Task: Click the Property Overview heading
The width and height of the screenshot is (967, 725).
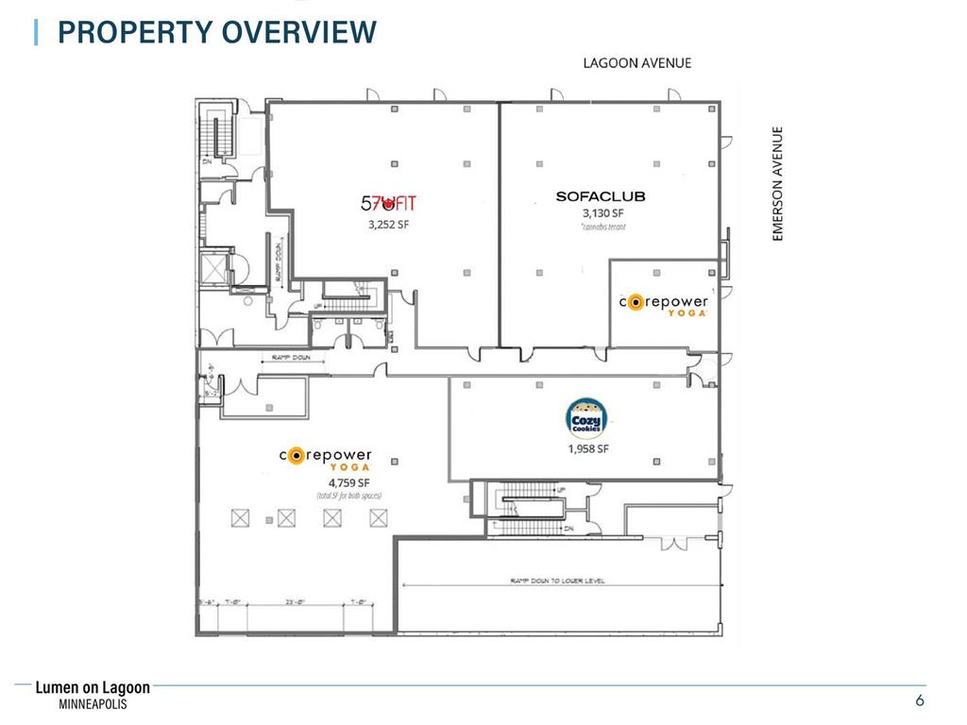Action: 216,32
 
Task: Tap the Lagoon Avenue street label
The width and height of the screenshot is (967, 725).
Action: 636,63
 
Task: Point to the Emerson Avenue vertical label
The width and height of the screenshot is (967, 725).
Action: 779,184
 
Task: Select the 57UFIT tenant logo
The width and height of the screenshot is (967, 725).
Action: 388,202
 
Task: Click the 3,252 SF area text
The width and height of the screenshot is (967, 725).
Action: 388,225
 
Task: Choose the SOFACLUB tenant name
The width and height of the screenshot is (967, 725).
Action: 600,197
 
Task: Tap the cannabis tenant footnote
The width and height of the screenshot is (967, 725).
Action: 603,227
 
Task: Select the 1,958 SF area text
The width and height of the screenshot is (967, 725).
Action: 587,449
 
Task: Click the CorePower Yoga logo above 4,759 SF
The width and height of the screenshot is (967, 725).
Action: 326,457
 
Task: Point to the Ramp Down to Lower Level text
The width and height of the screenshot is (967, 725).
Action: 557,582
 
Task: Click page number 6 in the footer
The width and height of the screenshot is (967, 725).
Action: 919,700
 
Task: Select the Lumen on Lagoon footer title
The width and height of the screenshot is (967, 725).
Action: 93,689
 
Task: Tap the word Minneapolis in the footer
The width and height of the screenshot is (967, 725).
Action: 93,705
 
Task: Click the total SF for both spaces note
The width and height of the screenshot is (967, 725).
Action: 348,496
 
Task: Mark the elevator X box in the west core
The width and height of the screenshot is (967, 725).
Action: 216,268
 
